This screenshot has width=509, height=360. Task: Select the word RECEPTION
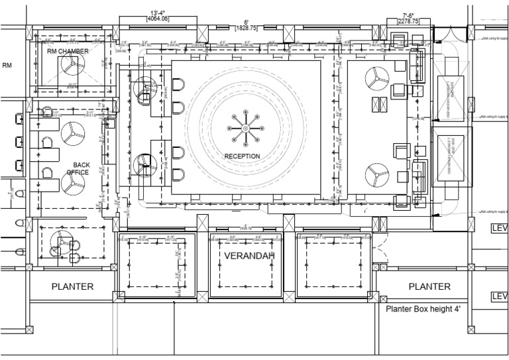(x=242, y=156)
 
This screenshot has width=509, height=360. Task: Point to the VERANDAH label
(x=246, y=256)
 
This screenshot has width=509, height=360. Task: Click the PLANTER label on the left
(x=73, y=286)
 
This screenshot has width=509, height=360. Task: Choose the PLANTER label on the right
(x=429, y=286)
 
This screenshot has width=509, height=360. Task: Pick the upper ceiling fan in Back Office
(x=72, y=133)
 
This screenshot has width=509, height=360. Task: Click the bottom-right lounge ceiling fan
(x=377, y=175)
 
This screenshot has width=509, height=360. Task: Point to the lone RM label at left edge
(x=7, y=66)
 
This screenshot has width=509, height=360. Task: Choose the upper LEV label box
(x=498, y=229)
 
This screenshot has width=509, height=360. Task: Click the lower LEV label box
(x=498, y=296)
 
